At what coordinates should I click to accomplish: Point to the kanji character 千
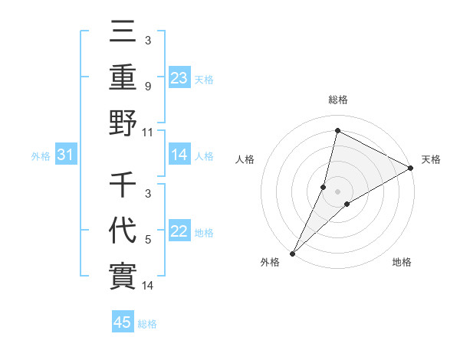(x=123, y=186)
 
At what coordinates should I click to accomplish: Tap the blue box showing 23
(x=179, y=77)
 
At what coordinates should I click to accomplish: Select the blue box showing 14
(x=179, y=155)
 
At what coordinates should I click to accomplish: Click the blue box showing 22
(x=179, y=232)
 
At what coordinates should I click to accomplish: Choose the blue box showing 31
(x=65, y=155)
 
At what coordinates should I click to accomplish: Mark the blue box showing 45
(x=123, y=322)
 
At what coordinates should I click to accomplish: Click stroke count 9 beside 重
(x=148, y=87)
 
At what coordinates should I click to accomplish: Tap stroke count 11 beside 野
(x=148, y=132)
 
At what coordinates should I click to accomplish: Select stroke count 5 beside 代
(x=148, y=241)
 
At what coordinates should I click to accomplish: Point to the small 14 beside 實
(x=148, y=286)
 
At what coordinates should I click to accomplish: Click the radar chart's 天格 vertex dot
(x=411, y=169)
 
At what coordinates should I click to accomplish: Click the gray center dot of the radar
(x=337, y=191)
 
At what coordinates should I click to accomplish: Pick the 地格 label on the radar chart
(x=402, y=263)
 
